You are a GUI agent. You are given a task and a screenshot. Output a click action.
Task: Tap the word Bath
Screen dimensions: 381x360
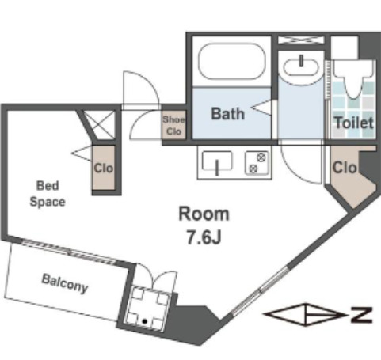228,114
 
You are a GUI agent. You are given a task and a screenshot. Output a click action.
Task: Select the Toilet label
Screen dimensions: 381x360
354,123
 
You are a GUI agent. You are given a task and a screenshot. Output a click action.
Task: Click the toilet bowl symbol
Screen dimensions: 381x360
354,79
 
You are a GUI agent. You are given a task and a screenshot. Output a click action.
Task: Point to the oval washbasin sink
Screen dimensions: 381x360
301,67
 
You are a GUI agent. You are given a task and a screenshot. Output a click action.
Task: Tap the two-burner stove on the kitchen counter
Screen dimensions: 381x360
257,163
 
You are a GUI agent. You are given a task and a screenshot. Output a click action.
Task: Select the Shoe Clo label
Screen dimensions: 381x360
173,125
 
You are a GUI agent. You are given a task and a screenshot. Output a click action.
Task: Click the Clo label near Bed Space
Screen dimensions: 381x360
104,168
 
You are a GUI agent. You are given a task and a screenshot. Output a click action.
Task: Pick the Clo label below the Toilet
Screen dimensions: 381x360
345,167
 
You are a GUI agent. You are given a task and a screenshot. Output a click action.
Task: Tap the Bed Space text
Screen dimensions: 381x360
48,194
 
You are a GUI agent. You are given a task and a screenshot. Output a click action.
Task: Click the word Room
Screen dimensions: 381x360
204,214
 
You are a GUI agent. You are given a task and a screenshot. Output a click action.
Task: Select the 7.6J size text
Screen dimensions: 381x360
204,237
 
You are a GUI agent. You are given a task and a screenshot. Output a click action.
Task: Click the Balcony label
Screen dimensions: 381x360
65,284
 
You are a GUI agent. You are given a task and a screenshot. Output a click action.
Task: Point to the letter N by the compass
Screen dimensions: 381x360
361,315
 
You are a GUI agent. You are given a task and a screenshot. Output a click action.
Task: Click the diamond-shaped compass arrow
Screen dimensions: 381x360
305,315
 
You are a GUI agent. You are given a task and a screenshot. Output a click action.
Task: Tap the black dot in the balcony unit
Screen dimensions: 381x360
145,321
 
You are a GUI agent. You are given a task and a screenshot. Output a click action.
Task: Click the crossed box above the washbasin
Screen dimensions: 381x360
301,40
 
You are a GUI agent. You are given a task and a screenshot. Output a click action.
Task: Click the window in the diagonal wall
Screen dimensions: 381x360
260,291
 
